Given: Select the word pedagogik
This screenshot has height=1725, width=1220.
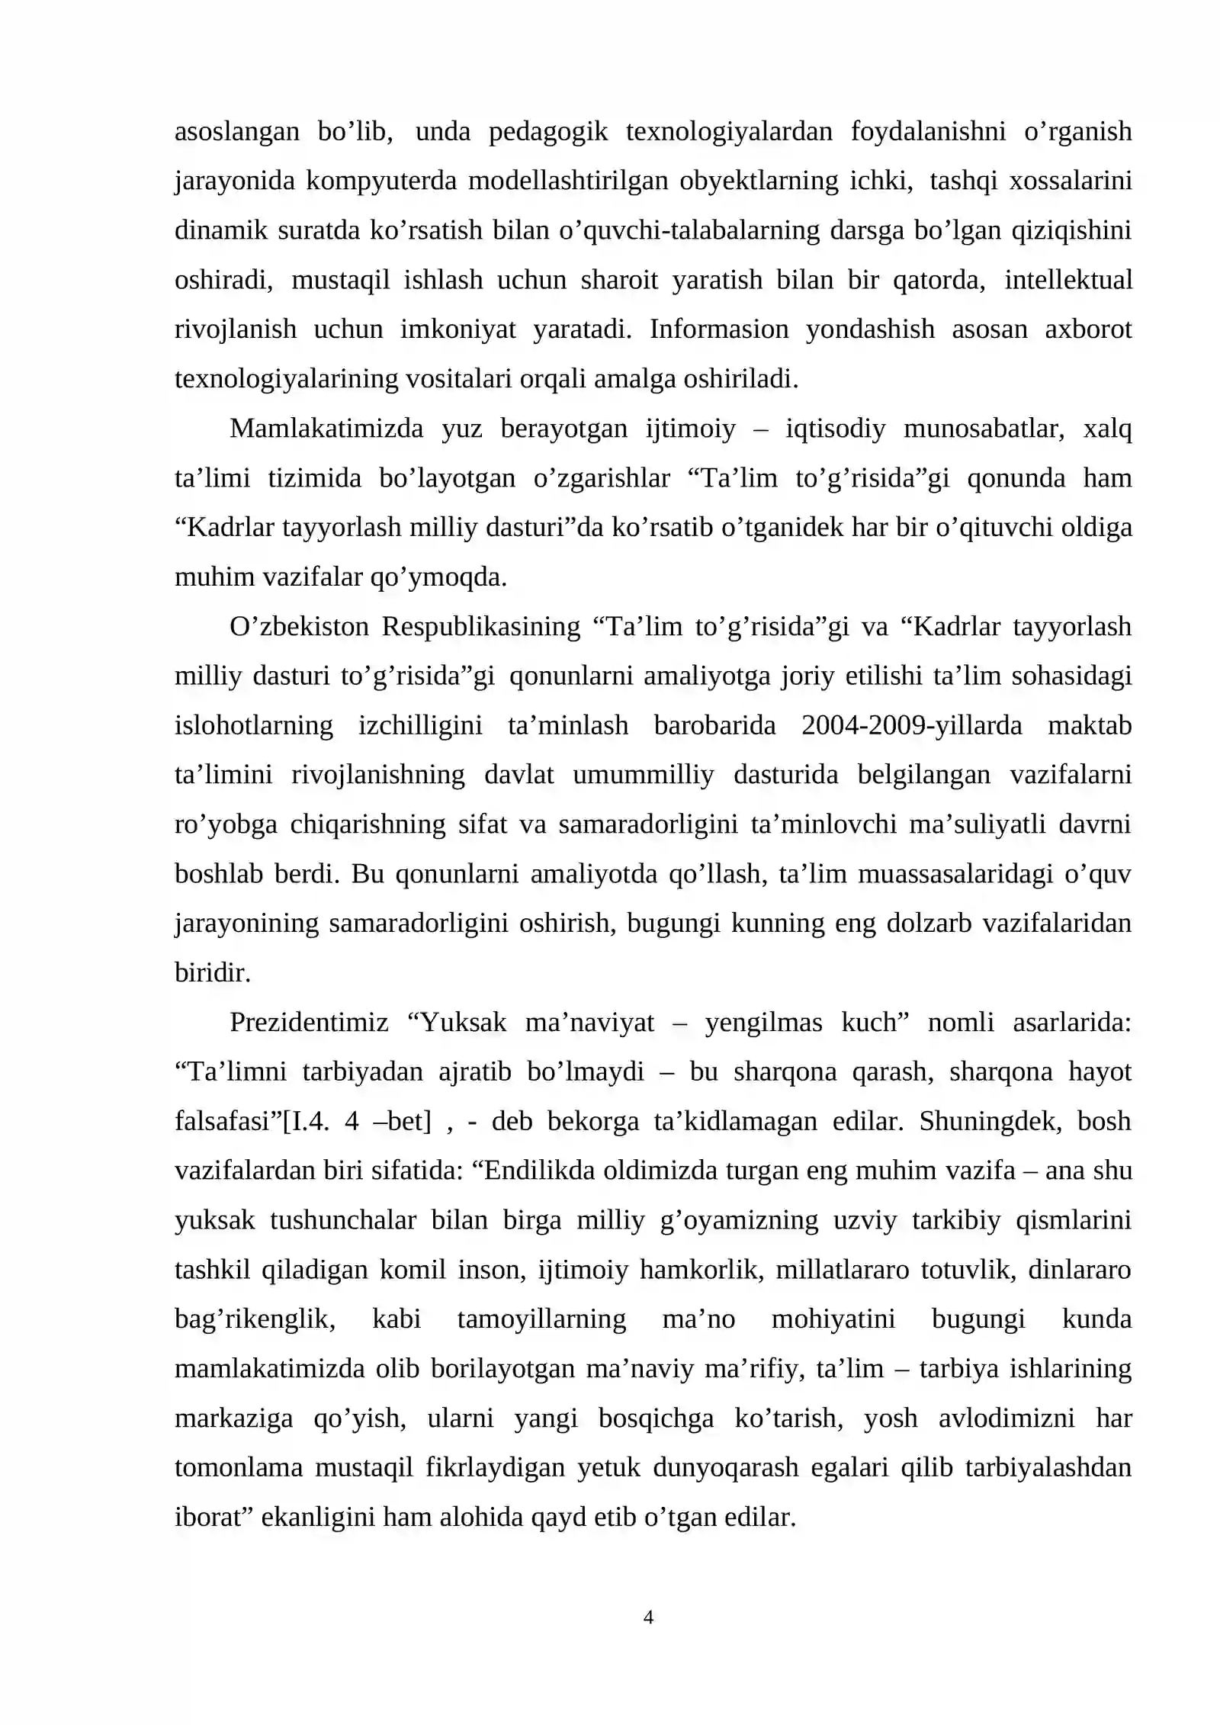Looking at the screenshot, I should point(547,132).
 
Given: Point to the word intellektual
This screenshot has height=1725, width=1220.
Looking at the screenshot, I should point(1067,280).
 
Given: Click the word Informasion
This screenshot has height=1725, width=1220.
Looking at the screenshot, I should point(718,329).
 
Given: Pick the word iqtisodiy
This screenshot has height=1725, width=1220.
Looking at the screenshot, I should point(835,429).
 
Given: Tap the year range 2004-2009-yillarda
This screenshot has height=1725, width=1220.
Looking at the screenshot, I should point(911,725).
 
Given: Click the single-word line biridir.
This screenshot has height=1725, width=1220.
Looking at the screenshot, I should point(212,973).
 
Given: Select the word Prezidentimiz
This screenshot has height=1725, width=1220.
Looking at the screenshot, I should point(308,1023).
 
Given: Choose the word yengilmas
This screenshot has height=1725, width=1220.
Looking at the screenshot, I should point(762,1023).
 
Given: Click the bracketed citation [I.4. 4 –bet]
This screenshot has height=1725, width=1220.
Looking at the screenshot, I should point(357,1122).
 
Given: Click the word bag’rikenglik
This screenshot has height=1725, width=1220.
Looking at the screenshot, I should point(255,1319).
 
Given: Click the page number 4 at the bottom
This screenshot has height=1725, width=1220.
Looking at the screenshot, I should point(648,1617).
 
